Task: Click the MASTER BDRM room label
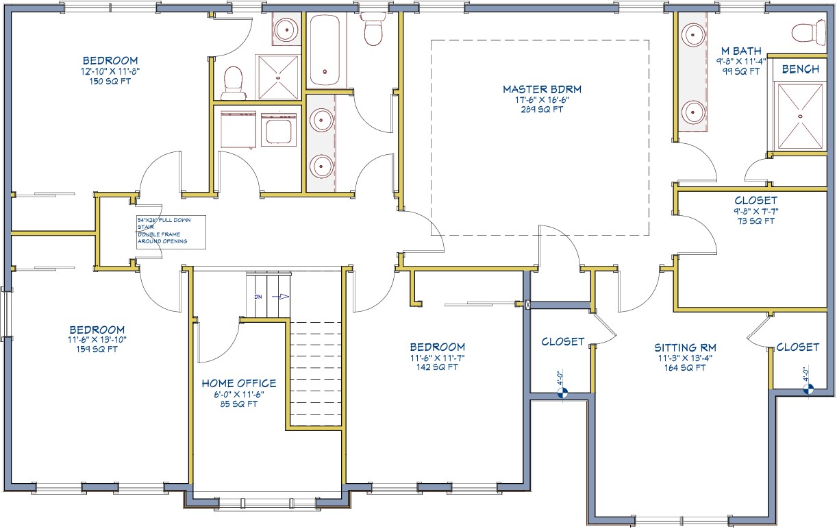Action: pyautogui.click(x=536, y=89)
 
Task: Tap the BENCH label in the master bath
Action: pyautogui.click(x=800, y=69)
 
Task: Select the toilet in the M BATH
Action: pyautogui.click(x=806, y=32)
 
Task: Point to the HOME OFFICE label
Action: pyautogui.click(x=239, y=384)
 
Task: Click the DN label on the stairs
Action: pyautogui.click(x=258, y=297)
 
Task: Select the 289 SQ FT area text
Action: pyautogui.click(x=536, y=109)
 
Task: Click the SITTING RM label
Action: pyautogui.click(x=685, y=348)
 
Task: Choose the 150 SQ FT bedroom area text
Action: pyautogui.click(x=110, y=81)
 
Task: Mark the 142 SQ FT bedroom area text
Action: pyautogui.click(x=437, y=367)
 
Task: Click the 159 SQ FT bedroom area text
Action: pyautogui.click(x=96, y=349)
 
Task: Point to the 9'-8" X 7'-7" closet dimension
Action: pyautogui.click(x=755, y=212)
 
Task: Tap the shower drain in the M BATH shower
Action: pyautogui.click(x=799, y=117)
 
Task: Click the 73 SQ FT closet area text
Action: pyautogui.click(x=755, y=221)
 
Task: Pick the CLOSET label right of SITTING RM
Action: pyautogui.click(x=797, y=347)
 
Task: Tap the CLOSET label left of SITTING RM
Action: pyautogui.click(x=562, y=341)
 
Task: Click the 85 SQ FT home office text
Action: pyautogui.click(x=239, y=404)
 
